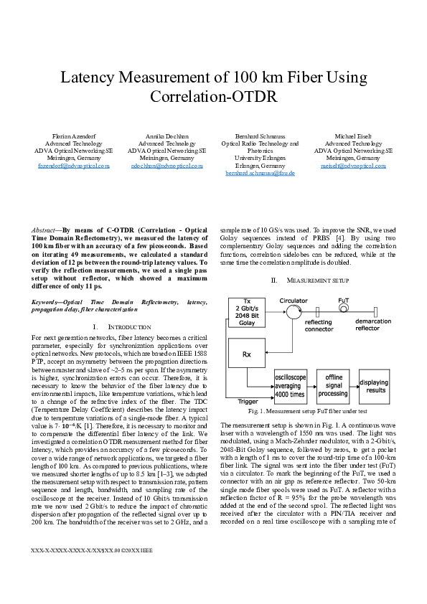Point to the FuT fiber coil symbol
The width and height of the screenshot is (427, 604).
tap(343, 308)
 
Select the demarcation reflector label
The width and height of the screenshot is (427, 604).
tap(375, 325)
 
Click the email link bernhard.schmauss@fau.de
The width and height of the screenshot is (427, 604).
tap(261, 173)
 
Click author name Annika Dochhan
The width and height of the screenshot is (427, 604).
tap(166, 136)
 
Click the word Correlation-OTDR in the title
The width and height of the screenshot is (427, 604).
tap(213, 97)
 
